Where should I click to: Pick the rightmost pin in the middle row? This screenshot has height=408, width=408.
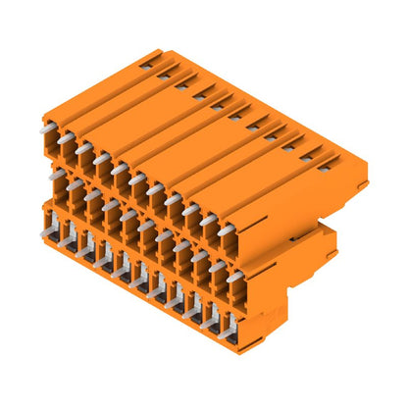click(x=234, y=278)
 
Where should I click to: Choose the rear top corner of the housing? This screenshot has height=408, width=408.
click(x=158, y=50)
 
